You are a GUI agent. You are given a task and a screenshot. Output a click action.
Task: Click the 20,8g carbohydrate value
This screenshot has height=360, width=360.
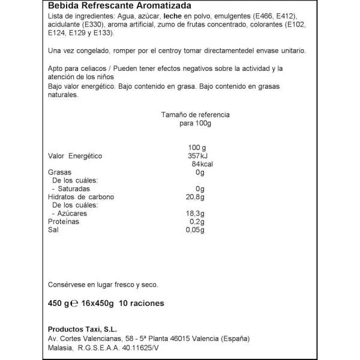click(x=196, y=197)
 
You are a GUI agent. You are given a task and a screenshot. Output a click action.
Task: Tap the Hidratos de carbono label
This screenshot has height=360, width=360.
click(x=81, y=197)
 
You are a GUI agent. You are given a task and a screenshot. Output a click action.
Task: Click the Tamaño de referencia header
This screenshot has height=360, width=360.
click(x=196, y=114)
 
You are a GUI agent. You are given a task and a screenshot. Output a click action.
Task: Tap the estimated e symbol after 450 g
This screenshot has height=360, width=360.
click(x=76, y=304)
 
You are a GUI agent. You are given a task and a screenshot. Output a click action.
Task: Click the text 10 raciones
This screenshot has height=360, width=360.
click(x=142, y=304)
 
